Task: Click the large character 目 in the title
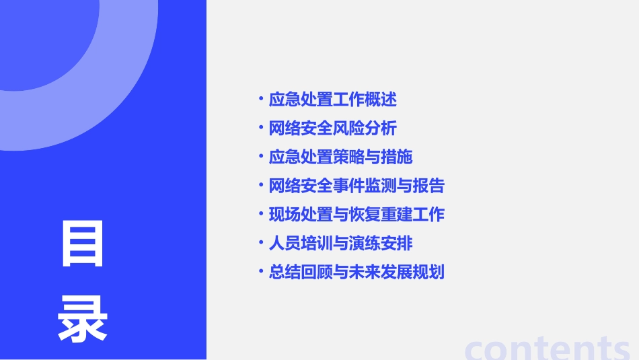[83, 243]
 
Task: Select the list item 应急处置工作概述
[333, 100]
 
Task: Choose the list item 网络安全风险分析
[333, 129]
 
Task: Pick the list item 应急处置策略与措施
[340, 157]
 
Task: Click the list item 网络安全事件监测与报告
[356, 186]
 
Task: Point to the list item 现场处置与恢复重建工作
[356, 215]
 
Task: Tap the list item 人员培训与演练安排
[340, 243]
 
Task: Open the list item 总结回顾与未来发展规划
[356, 272]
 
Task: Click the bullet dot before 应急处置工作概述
[261, 100]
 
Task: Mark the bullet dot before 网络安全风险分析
[261, 128]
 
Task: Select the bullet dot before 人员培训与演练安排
[261, 243]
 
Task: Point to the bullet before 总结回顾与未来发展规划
[261, 272]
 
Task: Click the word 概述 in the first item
[381, 100]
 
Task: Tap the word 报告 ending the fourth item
[429, 186]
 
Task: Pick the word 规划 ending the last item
[429, 272]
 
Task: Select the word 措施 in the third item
[397, 157]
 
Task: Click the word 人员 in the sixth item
[285, 243]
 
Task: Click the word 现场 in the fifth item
[285, 215]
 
